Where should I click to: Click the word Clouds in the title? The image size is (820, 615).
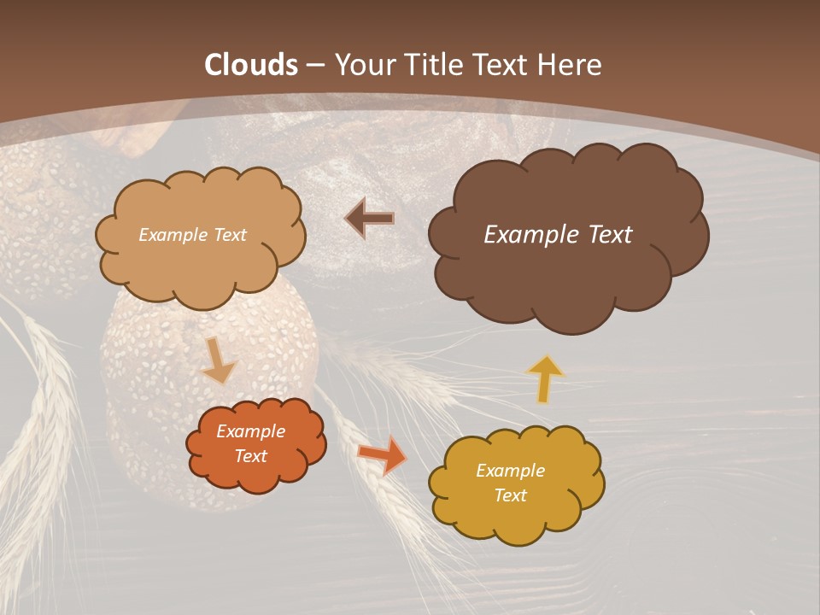251,65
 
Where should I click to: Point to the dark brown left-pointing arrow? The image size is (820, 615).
369,219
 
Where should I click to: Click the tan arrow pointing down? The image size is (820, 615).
219,362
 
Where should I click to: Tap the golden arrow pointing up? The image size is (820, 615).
545,378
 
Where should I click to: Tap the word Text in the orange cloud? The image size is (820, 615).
251,456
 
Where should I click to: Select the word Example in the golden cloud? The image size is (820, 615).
510,471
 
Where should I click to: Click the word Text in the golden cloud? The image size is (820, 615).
510,495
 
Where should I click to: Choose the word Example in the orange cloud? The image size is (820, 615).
251,431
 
